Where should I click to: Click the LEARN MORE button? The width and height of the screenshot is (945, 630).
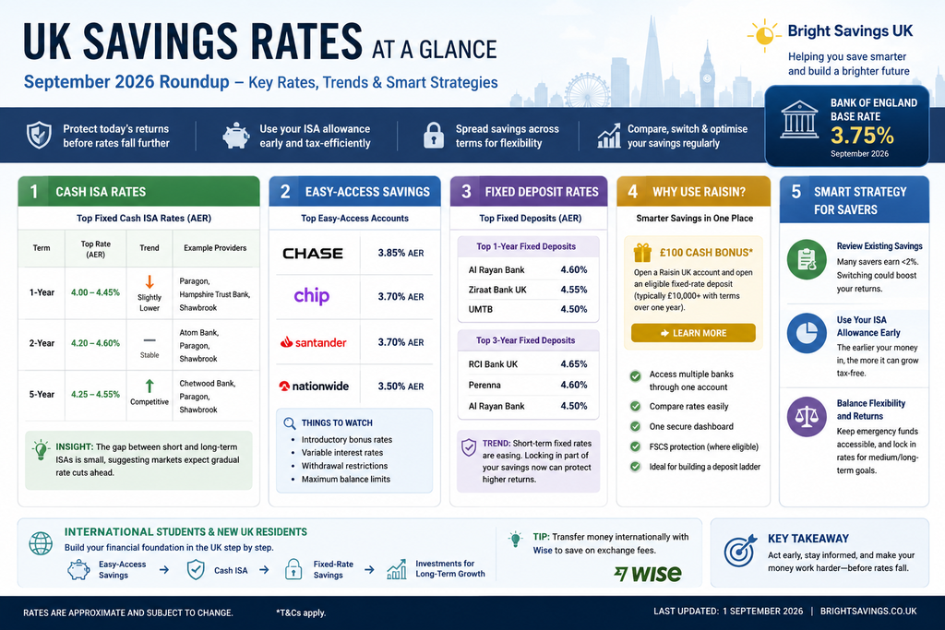pos(693,332)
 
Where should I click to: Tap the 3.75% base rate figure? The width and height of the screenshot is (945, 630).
pos(862,136)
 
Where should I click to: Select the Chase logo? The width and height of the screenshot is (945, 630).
pos(313,254)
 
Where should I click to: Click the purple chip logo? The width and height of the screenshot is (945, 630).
pos(312,296)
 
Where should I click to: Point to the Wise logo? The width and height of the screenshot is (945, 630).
pos(648,574)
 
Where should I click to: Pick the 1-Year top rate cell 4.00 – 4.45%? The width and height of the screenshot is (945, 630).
pos(95,292)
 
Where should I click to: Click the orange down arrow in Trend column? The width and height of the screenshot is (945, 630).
pos(150,282)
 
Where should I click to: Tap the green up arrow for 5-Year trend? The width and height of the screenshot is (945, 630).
pos(150,386)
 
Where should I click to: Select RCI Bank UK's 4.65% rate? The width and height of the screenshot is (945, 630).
pos(573,364)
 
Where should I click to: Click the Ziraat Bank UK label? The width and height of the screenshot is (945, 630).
pos(497,290)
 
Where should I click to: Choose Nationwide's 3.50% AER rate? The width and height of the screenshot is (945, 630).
pos(401,386)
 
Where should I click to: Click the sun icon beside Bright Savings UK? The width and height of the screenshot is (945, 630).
pos(764,35)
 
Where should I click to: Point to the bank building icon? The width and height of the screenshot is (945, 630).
pos(799,119)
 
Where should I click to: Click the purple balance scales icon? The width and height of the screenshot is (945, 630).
pos(807,417)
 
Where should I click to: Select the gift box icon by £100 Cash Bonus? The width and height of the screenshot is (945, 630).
pos(642,253)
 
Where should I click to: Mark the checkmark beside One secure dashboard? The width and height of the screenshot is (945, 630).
pos(635,426)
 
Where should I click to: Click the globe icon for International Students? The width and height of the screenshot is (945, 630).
pos(41,543)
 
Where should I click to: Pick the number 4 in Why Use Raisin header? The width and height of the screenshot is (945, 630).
pos(633,192)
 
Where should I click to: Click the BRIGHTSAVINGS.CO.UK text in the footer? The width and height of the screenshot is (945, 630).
pos(868,612)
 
